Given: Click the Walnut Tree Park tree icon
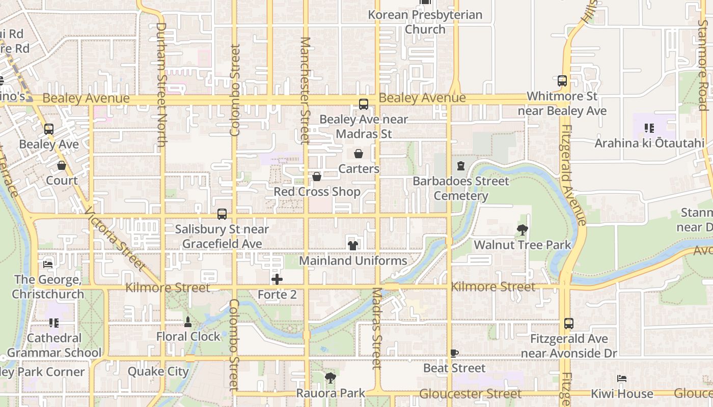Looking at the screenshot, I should click(522, 230).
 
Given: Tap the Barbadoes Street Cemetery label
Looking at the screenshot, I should click(461, 188).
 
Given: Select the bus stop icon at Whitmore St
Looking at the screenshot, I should click(562, 81).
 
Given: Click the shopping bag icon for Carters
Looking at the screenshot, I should click(359, 154).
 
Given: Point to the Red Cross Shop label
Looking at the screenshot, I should click(317, 192).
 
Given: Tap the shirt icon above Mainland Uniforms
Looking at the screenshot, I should click(352, 246).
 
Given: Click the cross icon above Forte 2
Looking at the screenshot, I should click(277, 279).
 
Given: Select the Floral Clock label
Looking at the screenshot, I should click(188, 336).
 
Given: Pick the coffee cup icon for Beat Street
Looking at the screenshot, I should click(454, 353).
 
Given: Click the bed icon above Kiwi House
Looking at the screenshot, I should click(621, 379).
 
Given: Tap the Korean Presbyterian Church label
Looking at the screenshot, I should click(425, 22).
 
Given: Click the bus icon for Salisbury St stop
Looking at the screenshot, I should click(222, 214).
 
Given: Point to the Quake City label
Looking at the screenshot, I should click(158, 371).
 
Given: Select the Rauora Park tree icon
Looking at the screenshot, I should click(331, 378).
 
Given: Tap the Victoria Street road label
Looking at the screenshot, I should click(114, 239).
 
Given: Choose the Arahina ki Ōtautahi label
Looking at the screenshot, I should click(649, 143).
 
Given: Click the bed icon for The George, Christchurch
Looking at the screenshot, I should click(48, 264).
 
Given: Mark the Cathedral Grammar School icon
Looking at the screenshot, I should click(54, 323).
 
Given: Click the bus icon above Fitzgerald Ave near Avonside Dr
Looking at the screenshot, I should click(569, 324).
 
